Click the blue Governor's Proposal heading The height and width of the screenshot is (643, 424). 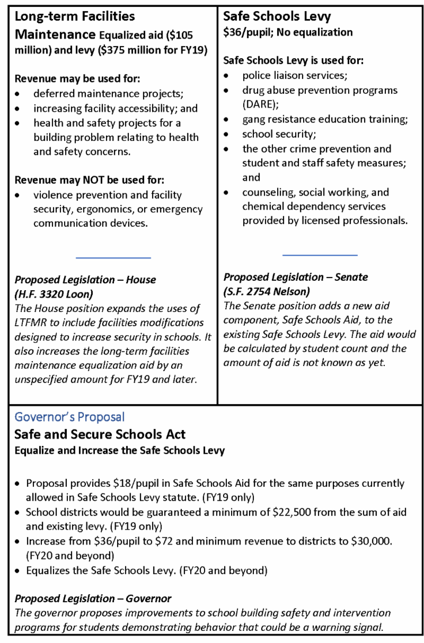tap(69, 417)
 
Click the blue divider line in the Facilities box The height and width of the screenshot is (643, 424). tap(113, 258)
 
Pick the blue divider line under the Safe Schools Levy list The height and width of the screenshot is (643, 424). tap(320, 255)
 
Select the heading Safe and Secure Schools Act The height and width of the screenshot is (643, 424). tap(100, 435)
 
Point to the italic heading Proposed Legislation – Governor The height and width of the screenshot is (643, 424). tap(93, 599)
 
